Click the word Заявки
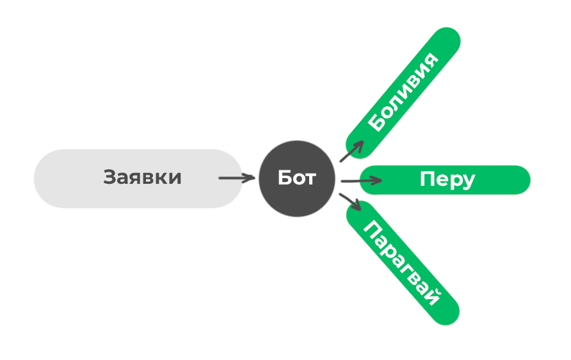click(142, 177)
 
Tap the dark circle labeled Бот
click(297, 178)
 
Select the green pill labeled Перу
click(446, 179)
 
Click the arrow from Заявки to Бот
click(236, 178)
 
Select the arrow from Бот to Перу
click(361, 181)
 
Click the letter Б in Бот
click(285, 178)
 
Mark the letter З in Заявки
click(110, 177)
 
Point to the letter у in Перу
click(468, 181)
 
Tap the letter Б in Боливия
click(378, 124)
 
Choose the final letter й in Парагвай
click(435, 299)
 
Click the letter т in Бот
click(310, 179)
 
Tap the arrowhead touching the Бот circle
click(250, 178)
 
